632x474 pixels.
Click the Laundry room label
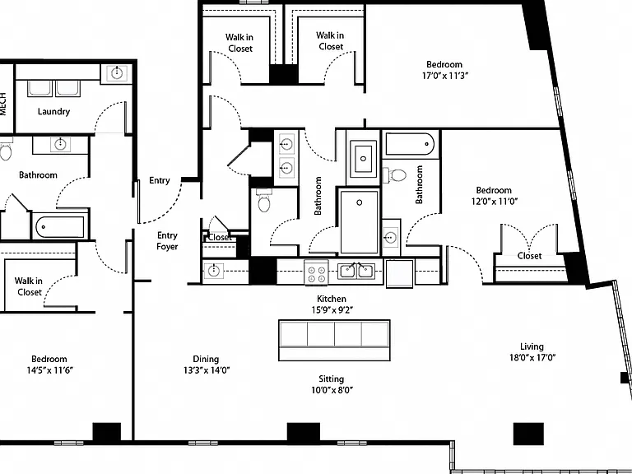point(53,112)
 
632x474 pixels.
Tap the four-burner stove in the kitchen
point(316,273)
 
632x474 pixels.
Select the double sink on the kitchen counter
point(356,271)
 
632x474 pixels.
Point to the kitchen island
point(334,340)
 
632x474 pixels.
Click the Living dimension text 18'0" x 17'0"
point(532,357)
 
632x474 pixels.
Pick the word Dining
point(206,359)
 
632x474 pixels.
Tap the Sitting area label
point(332,379)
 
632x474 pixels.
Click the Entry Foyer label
point(167,241)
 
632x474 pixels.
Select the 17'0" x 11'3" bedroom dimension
point(444,76)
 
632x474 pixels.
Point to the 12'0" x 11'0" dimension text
point(494,202)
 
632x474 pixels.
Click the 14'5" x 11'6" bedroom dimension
point(49,370)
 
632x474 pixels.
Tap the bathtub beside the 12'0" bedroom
point(410,144)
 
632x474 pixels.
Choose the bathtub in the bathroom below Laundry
point(60,227)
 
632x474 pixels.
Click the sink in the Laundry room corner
point(117,73)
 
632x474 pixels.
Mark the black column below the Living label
point(528,434)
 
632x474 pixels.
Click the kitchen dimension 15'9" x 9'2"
point(332,310)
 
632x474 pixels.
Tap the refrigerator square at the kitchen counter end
point(399,274)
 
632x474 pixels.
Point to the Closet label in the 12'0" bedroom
point(529,256)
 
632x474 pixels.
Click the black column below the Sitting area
point(304,432)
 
